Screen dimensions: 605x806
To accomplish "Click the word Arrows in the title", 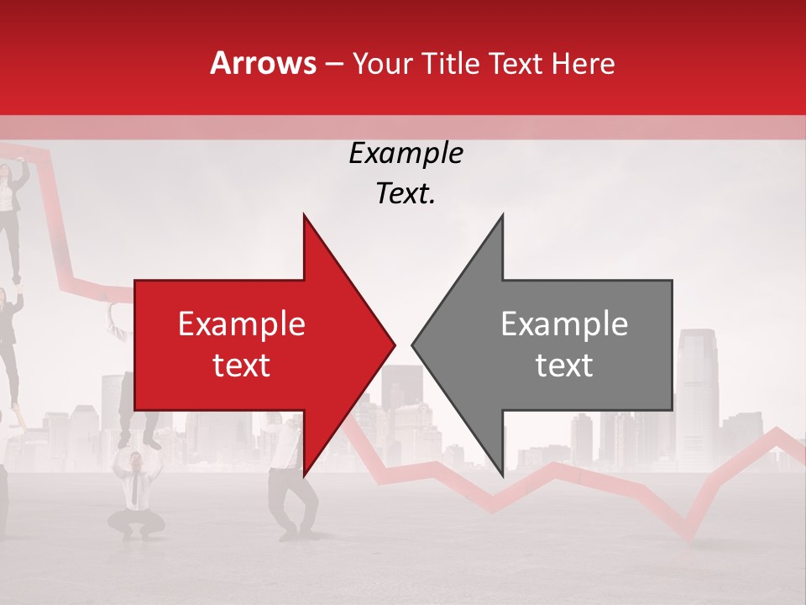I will (x=264, y=63).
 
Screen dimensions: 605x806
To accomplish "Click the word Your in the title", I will (x=383, y=63).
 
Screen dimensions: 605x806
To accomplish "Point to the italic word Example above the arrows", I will (x=406, y=153).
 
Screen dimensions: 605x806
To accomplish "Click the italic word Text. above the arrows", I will (x=406, y=194).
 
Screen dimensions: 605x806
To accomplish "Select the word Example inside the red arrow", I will (x=242, y=324).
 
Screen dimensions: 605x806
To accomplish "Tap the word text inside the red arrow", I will (x=242, y=366).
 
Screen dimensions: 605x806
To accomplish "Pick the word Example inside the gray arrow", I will (x=564, y=324).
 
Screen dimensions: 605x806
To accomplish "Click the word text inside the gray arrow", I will (x=564, y=366).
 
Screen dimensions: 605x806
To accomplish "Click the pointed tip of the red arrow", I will (x=394, y=345).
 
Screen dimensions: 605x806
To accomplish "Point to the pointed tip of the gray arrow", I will (x=412, y=345).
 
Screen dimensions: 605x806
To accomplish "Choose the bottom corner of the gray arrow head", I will (x=502, y=475).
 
